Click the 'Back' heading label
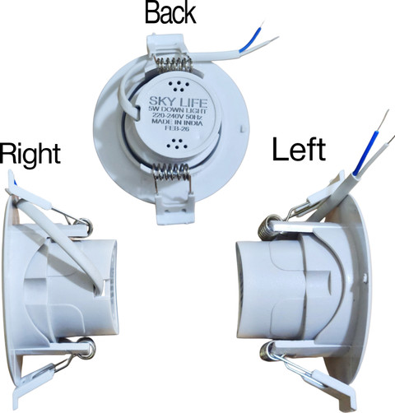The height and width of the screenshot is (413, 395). [170, 13]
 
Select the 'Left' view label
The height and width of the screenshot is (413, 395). [299, 149]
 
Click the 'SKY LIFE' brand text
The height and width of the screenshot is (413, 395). [178, 102]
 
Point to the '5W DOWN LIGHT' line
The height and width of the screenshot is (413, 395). [177, 110]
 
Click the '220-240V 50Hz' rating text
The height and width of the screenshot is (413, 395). [177, 117]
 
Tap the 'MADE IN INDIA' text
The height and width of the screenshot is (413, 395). [177, 123]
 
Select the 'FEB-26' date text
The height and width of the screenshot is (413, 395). [177, 128]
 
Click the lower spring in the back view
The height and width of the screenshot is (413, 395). [172, 172]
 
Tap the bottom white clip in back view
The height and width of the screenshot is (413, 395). [175, 209]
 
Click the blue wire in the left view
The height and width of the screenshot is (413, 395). [365, 152]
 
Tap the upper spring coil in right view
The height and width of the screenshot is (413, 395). [86, 225]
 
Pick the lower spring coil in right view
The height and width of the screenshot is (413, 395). [87, 348]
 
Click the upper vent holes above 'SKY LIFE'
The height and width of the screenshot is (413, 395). [179, 86]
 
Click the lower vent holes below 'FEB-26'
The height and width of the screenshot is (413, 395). [177, 144]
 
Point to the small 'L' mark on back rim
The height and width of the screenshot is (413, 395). [242, 128]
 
